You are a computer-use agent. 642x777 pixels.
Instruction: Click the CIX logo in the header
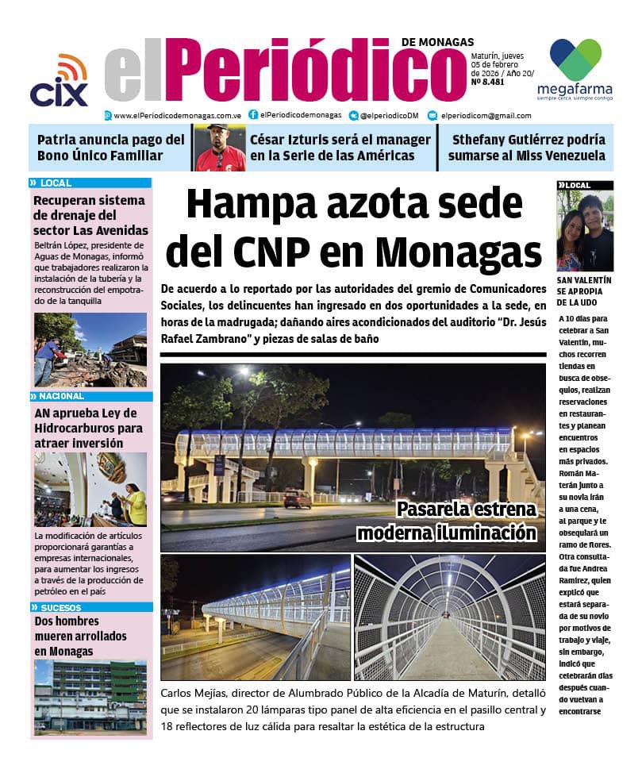point(59,81)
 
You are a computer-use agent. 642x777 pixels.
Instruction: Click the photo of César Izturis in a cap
point(219,148)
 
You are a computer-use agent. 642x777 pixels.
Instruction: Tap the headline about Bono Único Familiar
point(110,148)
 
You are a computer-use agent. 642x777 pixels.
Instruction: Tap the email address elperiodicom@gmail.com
point(486,115)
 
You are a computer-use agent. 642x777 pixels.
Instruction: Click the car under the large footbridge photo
point(298,499)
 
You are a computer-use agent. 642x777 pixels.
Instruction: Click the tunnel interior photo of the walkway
point(450,617)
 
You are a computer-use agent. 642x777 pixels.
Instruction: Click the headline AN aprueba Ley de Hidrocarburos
point(88,428)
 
